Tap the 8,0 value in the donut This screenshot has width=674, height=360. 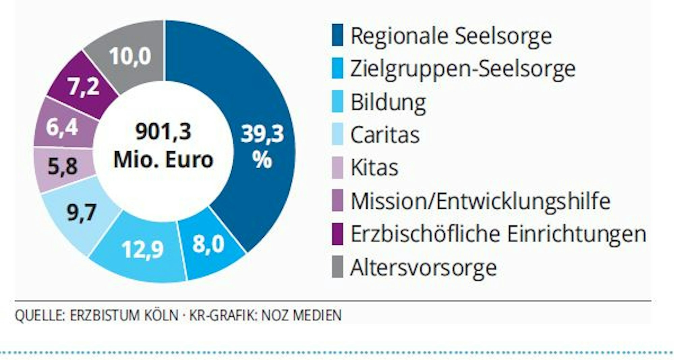click(x=208, y=244)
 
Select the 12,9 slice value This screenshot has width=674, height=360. click(x=142, y=250)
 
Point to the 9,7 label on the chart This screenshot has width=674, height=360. click(x=81, y=213)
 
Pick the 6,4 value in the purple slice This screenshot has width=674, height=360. click(x=62, y=127)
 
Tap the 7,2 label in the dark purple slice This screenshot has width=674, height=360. click(x=84, y=87)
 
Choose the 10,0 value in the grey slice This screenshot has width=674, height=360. click(x=130, y=56)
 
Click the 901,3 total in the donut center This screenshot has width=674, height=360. click(x=163, y=131)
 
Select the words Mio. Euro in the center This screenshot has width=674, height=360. click(x=163, y=159)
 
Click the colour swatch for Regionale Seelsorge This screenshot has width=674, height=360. click(x=337, y=35)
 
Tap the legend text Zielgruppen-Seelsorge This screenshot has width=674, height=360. click(x=462, y=69)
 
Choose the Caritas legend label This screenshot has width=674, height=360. click(x=385, y=135)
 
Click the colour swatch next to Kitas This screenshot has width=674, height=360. click(x=337, y=168)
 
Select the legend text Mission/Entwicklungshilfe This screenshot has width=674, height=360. click(x=480, y=201)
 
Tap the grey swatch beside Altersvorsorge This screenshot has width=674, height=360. click(x=337, y=267)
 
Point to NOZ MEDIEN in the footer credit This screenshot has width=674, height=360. click(x=301, y=316)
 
